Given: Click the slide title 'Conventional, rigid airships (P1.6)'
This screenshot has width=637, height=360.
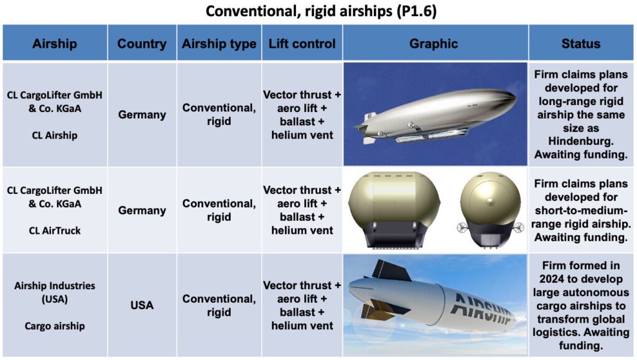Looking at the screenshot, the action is pyautogui.click(x=321, y=11).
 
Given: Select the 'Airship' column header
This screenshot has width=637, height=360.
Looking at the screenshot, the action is pyautogui.click(x=55, y=44).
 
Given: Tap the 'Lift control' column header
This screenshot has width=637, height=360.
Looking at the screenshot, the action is pyautogui.click(x=302, y=44).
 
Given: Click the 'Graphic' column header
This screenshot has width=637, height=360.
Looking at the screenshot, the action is pyautogui.click(x=434, y=44).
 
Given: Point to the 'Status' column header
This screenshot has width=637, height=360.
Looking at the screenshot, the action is pyautogui.click(x=581, y=44).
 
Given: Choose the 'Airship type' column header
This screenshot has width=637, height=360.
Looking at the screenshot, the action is pyautogui.click(x=219, y=44).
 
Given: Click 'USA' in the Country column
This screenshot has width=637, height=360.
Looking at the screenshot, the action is pyautogui.click(x=142, y=305).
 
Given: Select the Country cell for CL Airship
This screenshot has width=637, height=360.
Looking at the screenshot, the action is pyautogui.click(x=142, y=115).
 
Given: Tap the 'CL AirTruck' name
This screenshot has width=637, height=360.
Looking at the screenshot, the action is pyautogui.click(x=55, y=231).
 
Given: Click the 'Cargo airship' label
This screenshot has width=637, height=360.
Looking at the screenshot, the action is pyautogui.click(x=55, y=326).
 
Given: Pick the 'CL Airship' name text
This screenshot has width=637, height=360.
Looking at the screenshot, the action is pyautogui.click(x=55, y=135).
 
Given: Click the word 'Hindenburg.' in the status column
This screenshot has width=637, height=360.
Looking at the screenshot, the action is pyautogui.click(x=581, y=141).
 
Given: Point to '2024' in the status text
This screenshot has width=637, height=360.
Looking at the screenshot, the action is pyautogui.click(x=552, y=279).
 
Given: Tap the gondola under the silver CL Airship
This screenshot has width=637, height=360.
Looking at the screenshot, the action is pyautogui.click(x=430, y=136).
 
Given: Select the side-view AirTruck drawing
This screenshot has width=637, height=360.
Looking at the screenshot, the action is pyautogui.click(x=394, y=210).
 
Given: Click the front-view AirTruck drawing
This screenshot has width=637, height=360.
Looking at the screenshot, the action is pyautogui.click(x=491, y=210).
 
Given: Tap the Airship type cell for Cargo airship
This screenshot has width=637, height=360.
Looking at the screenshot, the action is pyautogui.click(x=219, y=305).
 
